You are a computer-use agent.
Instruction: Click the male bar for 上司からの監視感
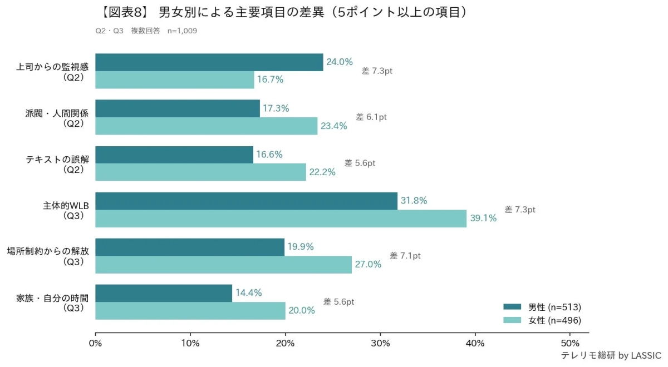(209, 62)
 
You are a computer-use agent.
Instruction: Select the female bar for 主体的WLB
(281, 219)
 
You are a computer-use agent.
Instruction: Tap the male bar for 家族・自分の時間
(164, 293)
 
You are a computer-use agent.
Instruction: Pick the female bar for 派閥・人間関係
(206, 126)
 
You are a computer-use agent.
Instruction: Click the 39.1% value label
(483, 219)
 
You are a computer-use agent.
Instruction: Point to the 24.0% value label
(340, 62)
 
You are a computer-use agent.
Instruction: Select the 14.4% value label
(248, 293)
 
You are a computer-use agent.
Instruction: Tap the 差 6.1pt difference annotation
(371, 117)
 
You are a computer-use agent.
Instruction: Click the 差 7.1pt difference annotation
(405, 256)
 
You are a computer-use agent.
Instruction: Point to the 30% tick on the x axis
(380, 343)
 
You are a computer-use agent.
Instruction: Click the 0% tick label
(95, 343)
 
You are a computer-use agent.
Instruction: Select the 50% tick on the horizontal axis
(570, 343)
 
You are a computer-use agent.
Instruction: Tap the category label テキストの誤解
(57, 159)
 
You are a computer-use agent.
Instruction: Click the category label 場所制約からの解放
(48, 251)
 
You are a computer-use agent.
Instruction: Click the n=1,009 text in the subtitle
(182, 31)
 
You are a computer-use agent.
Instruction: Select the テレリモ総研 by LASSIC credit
(611, 355)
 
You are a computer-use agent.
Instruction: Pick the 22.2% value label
(322, 172)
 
